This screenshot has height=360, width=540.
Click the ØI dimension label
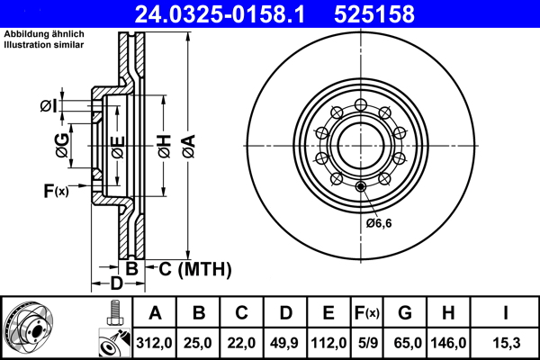pos(48,108)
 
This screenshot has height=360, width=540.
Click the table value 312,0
pos(155,343)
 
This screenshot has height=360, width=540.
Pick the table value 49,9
pos(284,343)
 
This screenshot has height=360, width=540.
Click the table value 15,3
pos(507,343)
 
